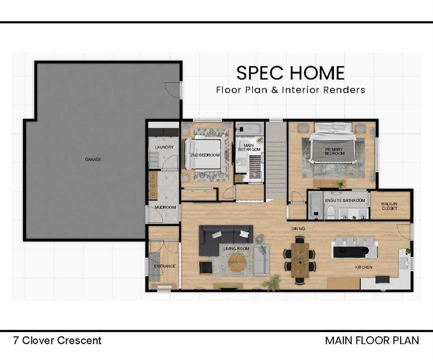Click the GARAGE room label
[x=93, y=159]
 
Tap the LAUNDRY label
[x=164, y=147]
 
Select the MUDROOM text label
[x=165, y=207]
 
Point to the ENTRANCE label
[x=165, y=266]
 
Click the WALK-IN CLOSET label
[x=389, y=205]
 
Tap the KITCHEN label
[x=364, y=267]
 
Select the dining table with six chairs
[x=300, y=260]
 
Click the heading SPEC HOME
[x=290, y=73]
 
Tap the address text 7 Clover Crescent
[x=57, y=340]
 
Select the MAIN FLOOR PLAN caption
[x=372, y=340]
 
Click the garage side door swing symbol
[x=173, y=89]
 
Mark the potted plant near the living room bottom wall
[x=272, y=283]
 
